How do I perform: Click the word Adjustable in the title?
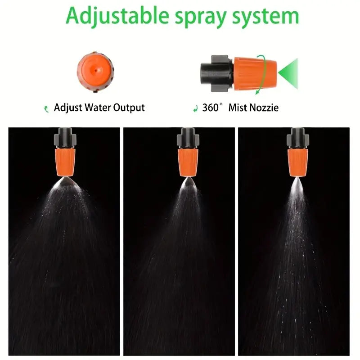[117, 16]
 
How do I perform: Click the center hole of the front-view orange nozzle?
[95, 70]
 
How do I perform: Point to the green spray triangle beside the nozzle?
[290, 73]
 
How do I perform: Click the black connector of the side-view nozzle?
[216, 73]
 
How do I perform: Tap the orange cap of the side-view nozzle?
[254, 73]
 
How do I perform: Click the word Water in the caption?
[98, 108]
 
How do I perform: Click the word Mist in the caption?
[238, 108]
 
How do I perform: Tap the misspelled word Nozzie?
[264, 108]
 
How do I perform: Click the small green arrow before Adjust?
[46, 109]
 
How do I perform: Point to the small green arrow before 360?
[196, 108]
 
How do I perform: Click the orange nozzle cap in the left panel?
[65, 162]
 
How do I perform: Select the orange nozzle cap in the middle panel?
[188, 162]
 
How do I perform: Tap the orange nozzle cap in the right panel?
[298, 162]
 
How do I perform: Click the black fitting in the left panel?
[65, 138]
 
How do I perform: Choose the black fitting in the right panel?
[298, 138]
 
